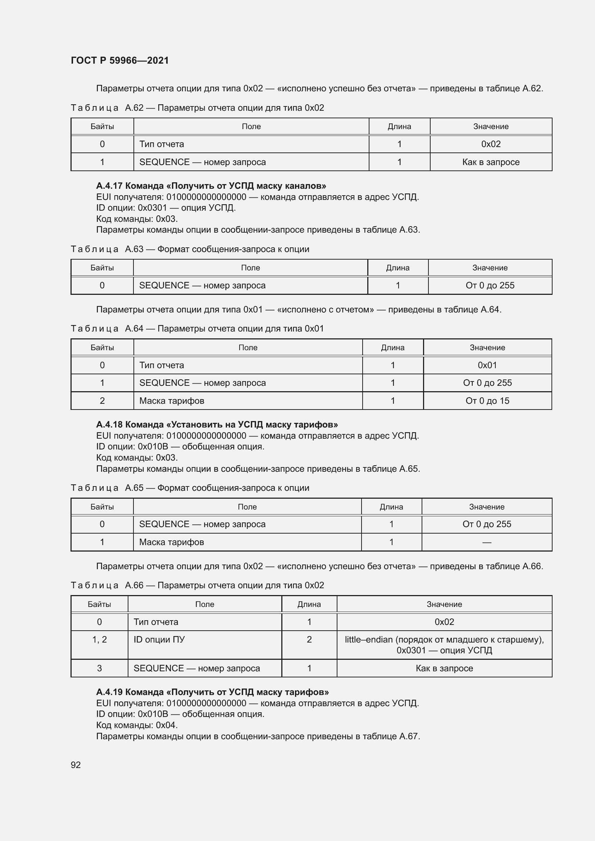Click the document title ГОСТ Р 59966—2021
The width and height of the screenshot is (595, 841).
pyautogui.click(x=120, y=60)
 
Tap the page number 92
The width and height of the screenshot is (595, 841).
pyautogui.click(x=76, y=765)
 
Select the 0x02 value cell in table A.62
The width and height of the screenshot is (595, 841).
pyautogui.click(x=491, y=144)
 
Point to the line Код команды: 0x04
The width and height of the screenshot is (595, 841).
pyautogui.click(x=137, y=725)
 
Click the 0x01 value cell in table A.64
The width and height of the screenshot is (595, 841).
pyautogui.click(x=487, y=365)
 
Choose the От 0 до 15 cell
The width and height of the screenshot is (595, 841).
pyautogui.click(x=487, y=401)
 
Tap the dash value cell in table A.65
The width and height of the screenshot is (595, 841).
pyautogui.click(x=487, y=542)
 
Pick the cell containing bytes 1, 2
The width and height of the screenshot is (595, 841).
pyautogui.click(x=99, y=640)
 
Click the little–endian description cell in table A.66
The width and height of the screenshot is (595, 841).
pyautogui.click(x=444, y=645)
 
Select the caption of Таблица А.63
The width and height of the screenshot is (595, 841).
pyautogui.click(x=190, y=249)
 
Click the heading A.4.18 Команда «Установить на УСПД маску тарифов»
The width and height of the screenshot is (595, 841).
pyautogui.click(x=217, y=425)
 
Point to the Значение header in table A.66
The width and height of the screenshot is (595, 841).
pyautogui.click(x=444, y=604)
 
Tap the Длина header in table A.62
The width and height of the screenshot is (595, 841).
pyautogui.click(x=399, y=126)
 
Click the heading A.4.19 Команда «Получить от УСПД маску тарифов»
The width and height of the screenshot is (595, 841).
pyautogui.click(x=212, y=692)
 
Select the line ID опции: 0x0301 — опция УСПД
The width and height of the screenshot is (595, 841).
pyautogui.click(x=165, y=208)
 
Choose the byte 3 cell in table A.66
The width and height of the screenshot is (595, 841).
pyautogui.click(x=99, y=668)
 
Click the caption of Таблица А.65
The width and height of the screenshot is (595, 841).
pyautogui.click(x=190, y=488)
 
